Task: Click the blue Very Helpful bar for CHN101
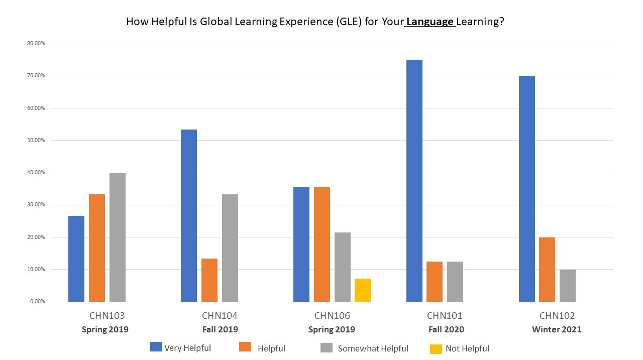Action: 414,181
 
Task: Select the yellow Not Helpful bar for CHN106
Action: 362,290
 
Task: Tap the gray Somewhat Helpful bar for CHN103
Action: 117,237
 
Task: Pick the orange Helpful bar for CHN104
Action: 209,280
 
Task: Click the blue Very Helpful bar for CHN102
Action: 527,189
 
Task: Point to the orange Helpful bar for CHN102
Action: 547,269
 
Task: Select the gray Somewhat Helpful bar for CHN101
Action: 455,281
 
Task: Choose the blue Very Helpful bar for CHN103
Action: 76,259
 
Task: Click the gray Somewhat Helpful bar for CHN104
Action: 230,248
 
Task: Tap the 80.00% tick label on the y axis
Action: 36,44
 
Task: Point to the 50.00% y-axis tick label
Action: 36,141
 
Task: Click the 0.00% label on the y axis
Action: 37,302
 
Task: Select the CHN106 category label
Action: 332,316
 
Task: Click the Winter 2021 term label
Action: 557,330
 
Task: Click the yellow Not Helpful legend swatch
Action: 436,348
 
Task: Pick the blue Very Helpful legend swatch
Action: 156,347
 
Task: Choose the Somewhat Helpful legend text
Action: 373,348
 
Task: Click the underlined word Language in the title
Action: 430,22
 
